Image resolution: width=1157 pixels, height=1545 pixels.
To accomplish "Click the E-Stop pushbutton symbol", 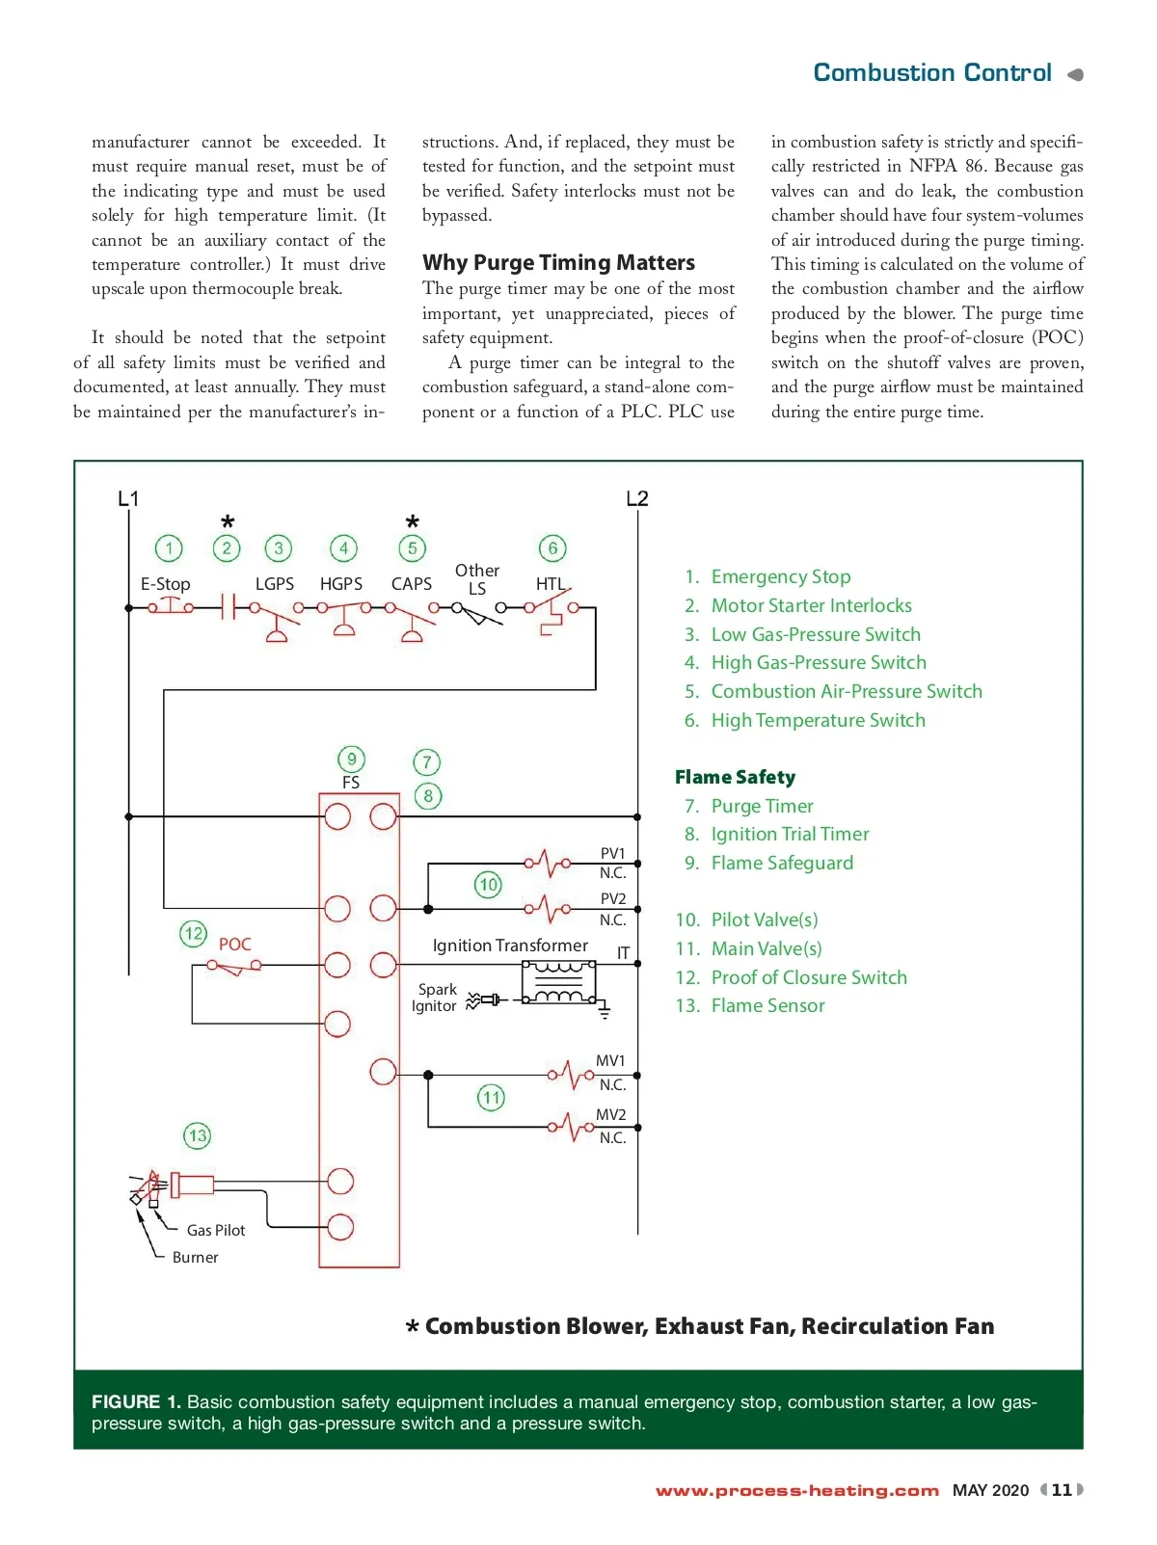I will pos(170,606).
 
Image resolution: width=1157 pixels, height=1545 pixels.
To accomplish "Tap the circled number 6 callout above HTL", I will pos(552,548).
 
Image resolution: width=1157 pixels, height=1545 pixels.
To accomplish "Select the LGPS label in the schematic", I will pos(275,584).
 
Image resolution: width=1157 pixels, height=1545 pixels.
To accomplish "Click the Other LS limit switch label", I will pos(477,579).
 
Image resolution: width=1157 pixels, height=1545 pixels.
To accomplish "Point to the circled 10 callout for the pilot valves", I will pos(488,885).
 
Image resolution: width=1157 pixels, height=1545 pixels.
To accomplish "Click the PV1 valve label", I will pos(612,853).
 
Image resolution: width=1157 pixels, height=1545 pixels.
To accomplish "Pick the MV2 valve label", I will pos(610,1114).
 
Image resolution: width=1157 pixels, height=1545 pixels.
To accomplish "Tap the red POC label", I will pos(234,945).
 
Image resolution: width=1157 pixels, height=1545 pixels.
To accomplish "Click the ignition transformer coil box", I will pos(558,982).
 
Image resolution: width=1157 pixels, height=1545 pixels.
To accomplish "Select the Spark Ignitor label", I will pos(435,998).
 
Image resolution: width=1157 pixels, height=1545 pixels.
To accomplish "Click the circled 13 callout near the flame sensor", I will pos(197,1135).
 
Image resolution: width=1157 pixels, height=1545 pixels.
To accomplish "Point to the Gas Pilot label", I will pos(216,1231).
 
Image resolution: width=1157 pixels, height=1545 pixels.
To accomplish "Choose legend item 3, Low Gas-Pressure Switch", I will pos(815,634).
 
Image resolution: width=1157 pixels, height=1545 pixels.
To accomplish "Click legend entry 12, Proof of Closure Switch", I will pos(808,977).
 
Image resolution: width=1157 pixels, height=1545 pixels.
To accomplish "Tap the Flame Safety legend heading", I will pos(735,777).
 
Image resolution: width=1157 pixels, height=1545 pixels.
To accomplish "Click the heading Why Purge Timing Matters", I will pos(558,262).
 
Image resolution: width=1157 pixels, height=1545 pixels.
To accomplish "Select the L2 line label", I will pos(637,498).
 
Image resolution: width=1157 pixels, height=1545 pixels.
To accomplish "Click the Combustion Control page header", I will pos(932,73).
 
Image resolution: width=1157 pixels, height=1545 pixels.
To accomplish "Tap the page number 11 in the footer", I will pos(1062,1490).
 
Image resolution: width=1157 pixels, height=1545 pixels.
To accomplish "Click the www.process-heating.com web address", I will pos(796,1491).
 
